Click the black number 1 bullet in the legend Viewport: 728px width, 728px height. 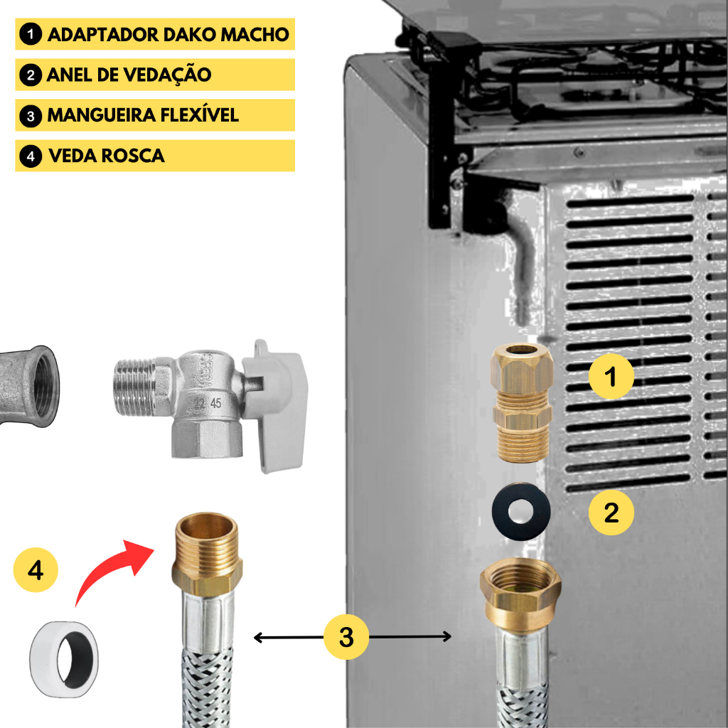point(31,34)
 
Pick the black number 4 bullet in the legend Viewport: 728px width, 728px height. point(31,156)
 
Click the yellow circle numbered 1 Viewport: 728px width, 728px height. point(611,376)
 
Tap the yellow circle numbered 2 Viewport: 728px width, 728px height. point(611,513)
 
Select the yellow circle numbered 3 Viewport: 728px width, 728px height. point(346,637)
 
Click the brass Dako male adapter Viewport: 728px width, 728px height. point(523,402)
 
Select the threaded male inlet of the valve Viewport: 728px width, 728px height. point(134,387)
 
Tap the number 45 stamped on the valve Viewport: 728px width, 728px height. point(216,403)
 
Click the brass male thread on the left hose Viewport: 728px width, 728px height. point(207,539)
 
